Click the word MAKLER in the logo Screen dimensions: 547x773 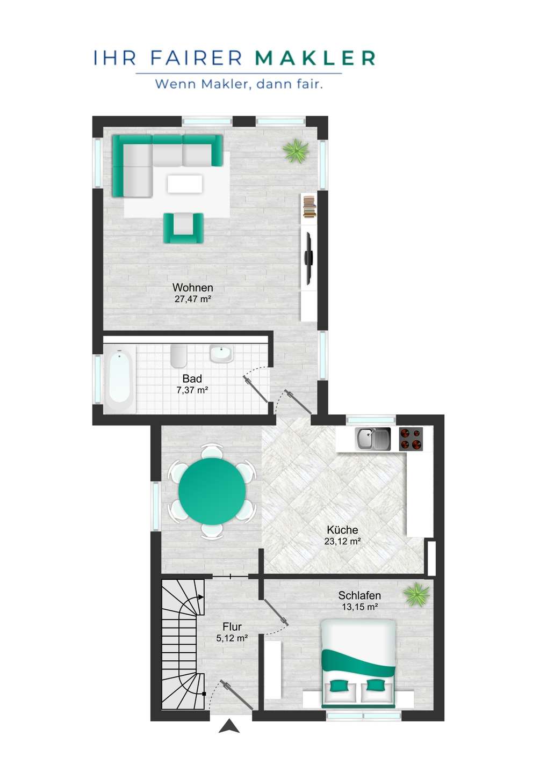[315, 58]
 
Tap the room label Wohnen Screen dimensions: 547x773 [193, 288]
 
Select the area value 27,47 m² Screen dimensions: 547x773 [193, 299]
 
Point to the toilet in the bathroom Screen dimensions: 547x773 [178, 356]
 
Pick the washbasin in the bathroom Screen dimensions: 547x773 [221, 354]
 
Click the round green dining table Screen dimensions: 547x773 [212, 491]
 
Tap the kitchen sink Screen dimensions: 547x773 [372, 439]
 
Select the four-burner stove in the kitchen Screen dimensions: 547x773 [411, 439]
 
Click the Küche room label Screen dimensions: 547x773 [342, 530]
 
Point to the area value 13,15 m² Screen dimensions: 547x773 [359, 607]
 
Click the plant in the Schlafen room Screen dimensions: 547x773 [416, 595]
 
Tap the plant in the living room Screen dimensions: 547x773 [295, 150]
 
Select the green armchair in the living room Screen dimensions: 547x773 [183, 228]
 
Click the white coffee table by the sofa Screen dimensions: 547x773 [185, 184]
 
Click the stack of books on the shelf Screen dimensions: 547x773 [310, 206]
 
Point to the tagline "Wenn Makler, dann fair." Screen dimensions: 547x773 [239, 84]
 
